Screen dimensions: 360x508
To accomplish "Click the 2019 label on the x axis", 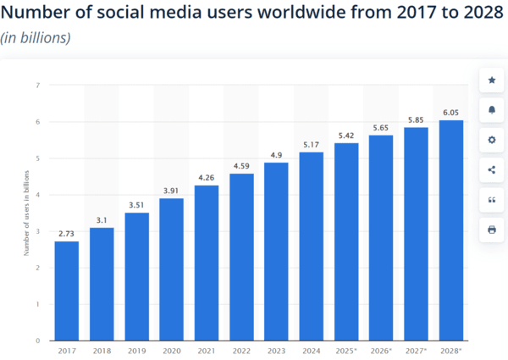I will pyautogui.click(x=138, y=350).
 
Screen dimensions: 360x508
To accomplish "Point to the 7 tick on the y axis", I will pyautogui.click(x=38, y=85).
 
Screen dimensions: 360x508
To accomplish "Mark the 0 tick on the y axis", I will pyautogui.click(x=38, y=341).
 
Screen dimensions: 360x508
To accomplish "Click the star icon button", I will pyautogui.click(x=492, y=80).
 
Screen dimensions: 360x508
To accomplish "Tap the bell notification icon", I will pyautogui.click(x=492, y=110).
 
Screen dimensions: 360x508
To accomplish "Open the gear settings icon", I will pyautogui.click(x=492, y=140).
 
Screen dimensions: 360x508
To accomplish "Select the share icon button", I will pyautogui.click(x=492, y=169).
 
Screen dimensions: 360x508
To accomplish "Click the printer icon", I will pyautogui.click(x=492, y=230).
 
